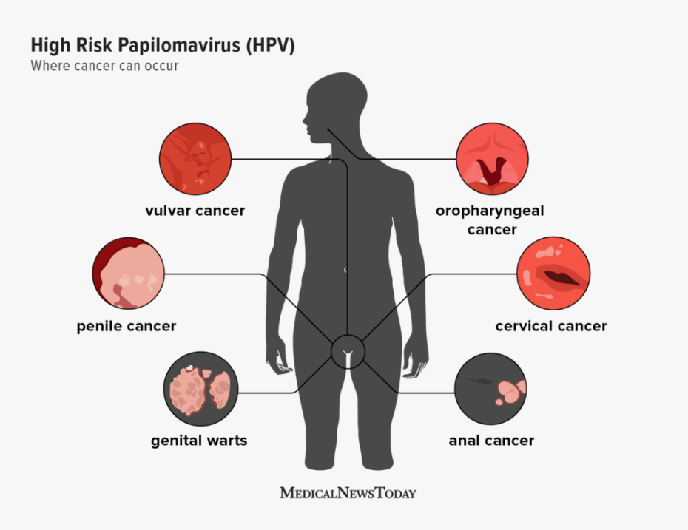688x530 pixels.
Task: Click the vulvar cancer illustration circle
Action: [195, 159]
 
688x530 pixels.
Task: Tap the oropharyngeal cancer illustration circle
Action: [492, 159]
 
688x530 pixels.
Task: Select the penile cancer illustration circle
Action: [128, 273]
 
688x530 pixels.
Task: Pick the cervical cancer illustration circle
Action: [554, 273]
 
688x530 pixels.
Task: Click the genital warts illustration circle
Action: [201, 388]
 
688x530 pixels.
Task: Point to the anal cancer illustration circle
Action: [490, 389]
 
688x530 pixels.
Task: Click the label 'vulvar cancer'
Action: [195, 211]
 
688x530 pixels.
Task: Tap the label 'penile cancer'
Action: [127, 326]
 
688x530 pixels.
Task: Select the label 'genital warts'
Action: [199, 441]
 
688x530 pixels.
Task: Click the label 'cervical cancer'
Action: [551, 326]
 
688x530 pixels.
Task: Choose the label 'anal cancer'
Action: [491, 441]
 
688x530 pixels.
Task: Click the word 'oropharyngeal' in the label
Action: [490, 211]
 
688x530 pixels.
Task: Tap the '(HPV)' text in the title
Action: [270, 45]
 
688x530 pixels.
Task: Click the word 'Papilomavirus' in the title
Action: [179, 46]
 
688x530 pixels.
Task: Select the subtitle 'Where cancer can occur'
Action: [104, 66]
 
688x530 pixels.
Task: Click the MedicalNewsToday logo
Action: [348, 493]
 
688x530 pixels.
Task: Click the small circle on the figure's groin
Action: [348, 351]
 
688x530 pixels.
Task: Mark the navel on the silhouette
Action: [345, 270]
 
